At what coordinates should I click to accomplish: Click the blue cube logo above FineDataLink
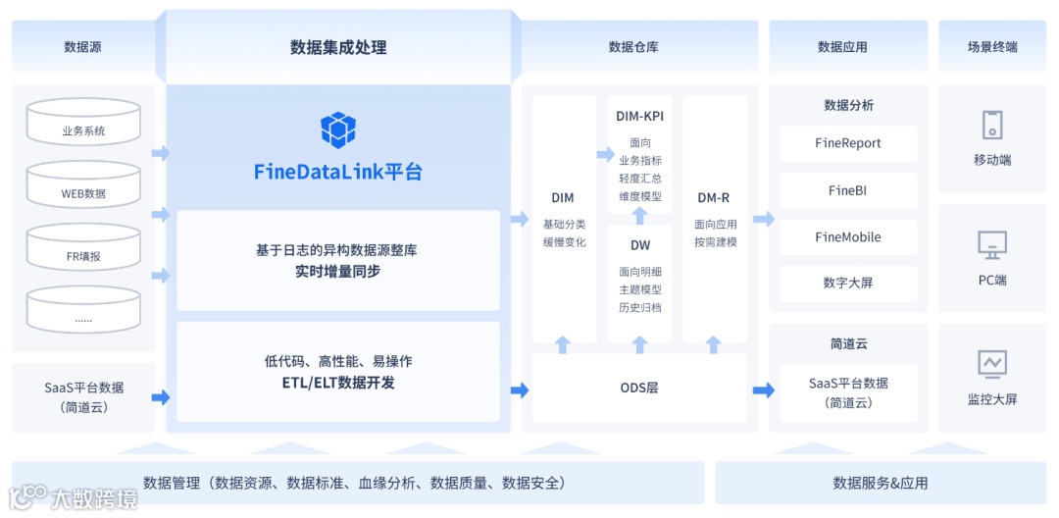[x=338, y=130]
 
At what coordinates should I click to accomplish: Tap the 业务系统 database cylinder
[x=83, y=125]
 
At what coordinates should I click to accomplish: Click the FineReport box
[x=848, y=143]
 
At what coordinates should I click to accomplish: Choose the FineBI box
[x=848, y=190]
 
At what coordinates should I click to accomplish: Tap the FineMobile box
[x=848, y=237]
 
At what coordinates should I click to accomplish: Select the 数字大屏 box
[x=848, y=284]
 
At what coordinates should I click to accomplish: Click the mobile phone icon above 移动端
[x=992, y=126]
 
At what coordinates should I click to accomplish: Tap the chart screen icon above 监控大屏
[x=992, y=363]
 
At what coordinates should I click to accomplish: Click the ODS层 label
[x=639, y=388]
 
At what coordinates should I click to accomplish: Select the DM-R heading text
[x=714, y=197]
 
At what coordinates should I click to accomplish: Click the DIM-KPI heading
[x=639, y=116]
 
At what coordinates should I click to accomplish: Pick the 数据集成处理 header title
[x=338, y=47]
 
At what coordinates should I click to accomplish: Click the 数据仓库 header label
[x=633, y=46]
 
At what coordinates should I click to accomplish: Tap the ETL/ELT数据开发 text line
[x=338, y=383]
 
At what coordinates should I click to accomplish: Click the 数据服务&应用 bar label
[x=881, y=483]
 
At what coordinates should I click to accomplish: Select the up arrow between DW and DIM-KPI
[x=639, y=215]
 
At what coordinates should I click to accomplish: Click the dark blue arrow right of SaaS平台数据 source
[x=161, y=397]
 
